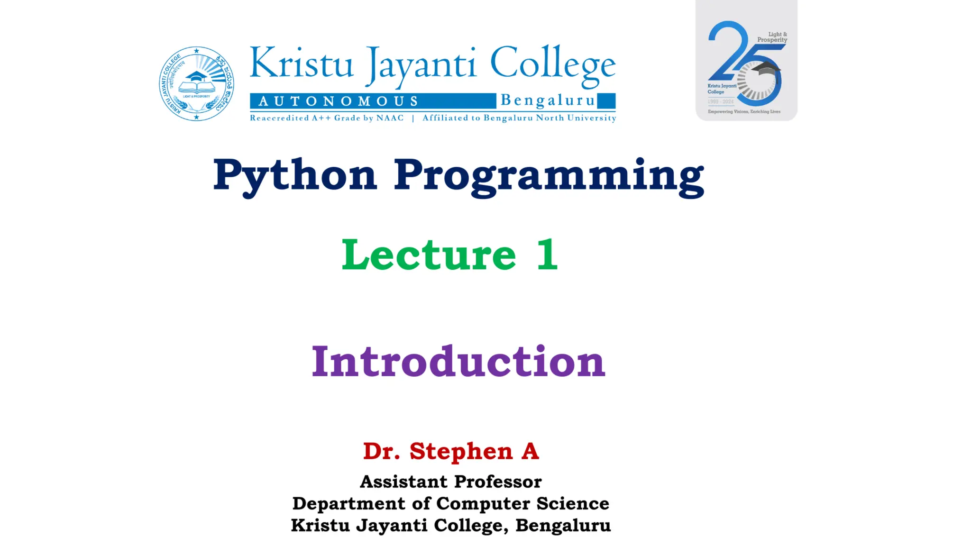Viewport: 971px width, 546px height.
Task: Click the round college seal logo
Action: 196,84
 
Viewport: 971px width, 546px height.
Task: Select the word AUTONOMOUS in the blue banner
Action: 339,101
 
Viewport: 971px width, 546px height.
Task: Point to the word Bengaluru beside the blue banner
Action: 548,100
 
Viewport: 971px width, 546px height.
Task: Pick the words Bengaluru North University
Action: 550,118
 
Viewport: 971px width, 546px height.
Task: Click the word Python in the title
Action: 295,175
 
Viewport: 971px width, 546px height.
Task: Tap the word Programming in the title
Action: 549,176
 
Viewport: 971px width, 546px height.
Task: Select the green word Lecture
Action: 429,255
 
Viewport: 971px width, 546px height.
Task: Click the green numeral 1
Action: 547,255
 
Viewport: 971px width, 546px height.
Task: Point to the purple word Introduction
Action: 458,362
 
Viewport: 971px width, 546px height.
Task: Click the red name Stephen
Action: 461,451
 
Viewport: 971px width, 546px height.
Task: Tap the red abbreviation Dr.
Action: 381,451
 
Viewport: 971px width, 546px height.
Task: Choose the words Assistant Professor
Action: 450,482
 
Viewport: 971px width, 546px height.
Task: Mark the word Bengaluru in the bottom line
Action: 563,525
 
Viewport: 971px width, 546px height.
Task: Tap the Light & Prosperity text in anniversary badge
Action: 772,37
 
